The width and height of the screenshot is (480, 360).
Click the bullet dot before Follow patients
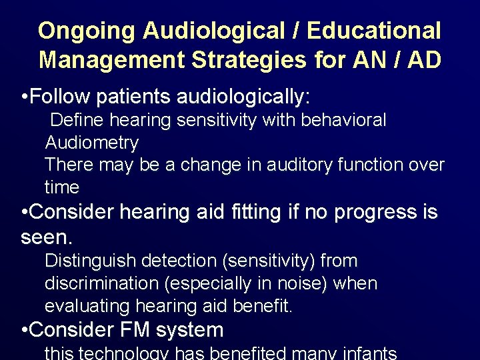(25, 97)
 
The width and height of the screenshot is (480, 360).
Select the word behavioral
(346, 120)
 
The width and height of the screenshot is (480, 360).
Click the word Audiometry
(91, 143)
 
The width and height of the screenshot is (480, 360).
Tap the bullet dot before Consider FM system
(25, 330)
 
